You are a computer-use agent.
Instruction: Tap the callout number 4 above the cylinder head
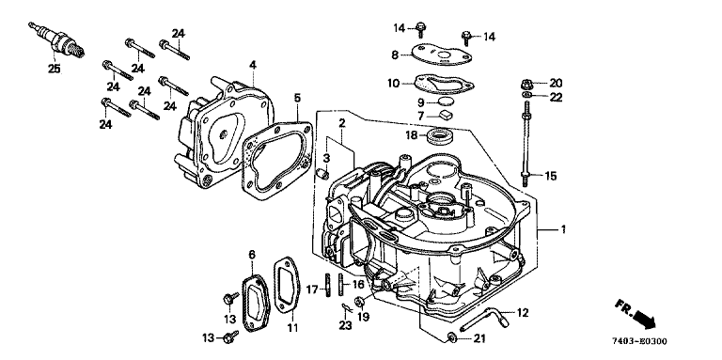[252, 66]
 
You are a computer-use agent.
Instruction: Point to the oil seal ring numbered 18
[441, 135]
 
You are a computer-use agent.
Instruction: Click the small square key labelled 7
[446, 115]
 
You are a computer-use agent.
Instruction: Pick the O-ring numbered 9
[446, 102]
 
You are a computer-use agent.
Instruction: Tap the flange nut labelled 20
[526, 85]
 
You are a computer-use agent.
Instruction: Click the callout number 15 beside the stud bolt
[551, 176]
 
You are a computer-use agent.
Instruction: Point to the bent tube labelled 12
[484, 319]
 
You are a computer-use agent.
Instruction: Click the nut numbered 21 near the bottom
[452, 338]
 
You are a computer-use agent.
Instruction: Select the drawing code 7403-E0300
[639, 341]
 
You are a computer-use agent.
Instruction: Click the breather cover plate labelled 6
[253, 302]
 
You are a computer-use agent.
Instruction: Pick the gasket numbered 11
[287, 287]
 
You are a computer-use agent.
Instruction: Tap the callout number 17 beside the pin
[312, 290]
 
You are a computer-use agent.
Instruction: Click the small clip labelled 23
[346, 308]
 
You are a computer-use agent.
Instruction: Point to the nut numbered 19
[359, 302]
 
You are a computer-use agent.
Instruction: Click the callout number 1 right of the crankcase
[563, 229]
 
